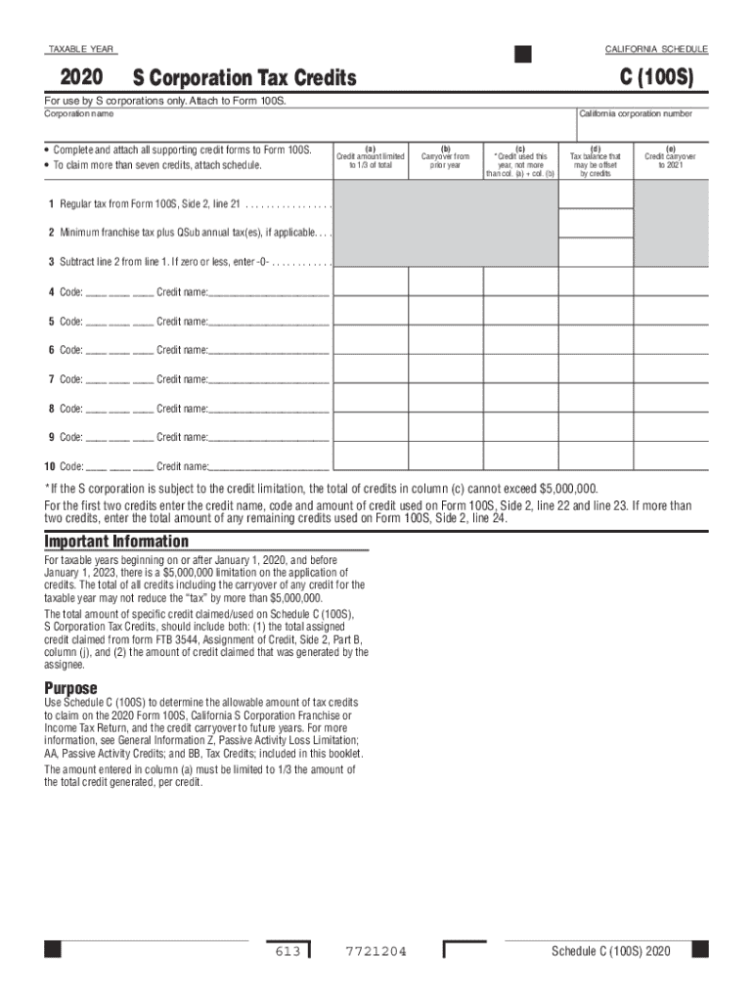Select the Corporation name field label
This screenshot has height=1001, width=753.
pyautogui.click(x=78, y=114)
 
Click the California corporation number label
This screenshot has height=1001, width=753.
pyautogui.click(x=636, y=114)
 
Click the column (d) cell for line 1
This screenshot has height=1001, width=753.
pyautogui.click(x=596, y=196)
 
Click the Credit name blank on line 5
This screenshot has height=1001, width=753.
pyautogui.click(x=269, y=321)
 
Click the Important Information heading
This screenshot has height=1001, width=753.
pyautogui.click(x=116, y=542)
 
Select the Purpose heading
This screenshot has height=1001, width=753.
pyautogui.click(x=71, y=688)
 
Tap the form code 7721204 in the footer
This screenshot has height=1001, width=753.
pyautogui.click(x=376, y=951)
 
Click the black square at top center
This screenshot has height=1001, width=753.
pyautogui.click(x=523, y=54)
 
